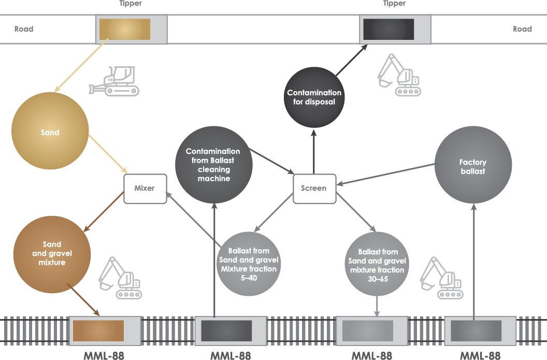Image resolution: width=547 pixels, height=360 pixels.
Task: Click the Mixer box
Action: click(x=145, y=188)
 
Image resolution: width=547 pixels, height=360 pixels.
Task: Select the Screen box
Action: click(x=314, y=188)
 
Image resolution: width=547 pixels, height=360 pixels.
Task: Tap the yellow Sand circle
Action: click(x=50, y=132)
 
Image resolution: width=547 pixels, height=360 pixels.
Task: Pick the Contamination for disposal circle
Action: click(x=314, y=97)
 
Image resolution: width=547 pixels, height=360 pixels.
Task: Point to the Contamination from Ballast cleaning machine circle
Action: click(x=213, y=165)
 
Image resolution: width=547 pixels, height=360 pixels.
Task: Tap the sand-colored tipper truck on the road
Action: click(x=132, y=29)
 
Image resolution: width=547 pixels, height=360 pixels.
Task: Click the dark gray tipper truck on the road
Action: click(x=395, y=29)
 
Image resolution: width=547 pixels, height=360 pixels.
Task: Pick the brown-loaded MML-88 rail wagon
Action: click(x=105, y=330)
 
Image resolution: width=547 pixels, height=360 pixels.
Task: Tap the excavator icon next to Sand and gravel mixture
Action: click(x=120, y=278)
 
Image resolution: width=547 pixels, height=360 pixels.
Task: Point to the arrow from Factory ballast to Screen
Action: click(x=386, y=174)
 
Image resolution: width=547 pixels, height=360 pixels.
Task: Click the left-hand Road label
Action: click(x=24, y=29)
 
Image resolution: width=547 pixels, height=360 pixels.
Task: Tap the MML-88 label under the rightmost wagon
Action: click(x=480, y=356)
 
